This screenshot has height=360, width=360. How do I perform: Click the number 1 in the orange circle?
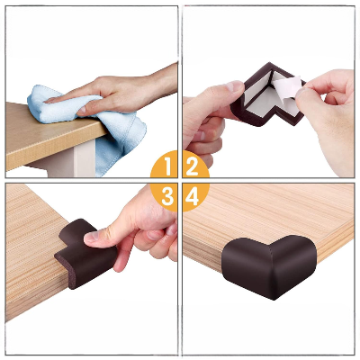click(165, 166)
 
